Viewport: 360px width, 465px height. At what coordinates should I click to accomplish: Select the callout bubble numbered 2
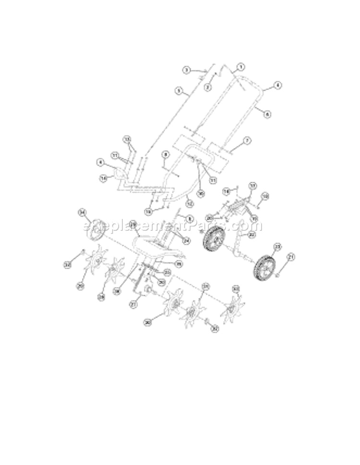208,87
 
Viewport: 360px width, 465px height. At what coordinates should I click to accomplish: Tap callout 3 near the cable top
186,70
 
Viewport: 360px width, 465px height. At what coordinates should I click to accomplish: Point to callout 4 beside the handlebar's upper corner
277,85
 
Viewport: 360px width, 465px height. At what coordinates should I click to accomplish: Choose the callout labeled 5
178,90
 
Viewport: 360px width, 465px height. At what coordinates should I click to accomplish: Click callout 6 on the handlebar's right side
267,114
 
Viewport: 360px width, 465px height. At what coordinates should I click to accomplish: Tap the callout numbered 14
103,178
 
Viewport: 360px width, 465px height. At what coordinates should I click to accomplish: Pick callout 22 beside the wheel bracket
252,235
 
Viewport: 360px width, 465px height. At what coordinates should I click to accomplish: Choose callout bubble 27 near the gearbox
133,304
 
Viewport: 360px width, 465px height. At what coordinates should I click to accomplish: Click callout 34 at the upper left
82,212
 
